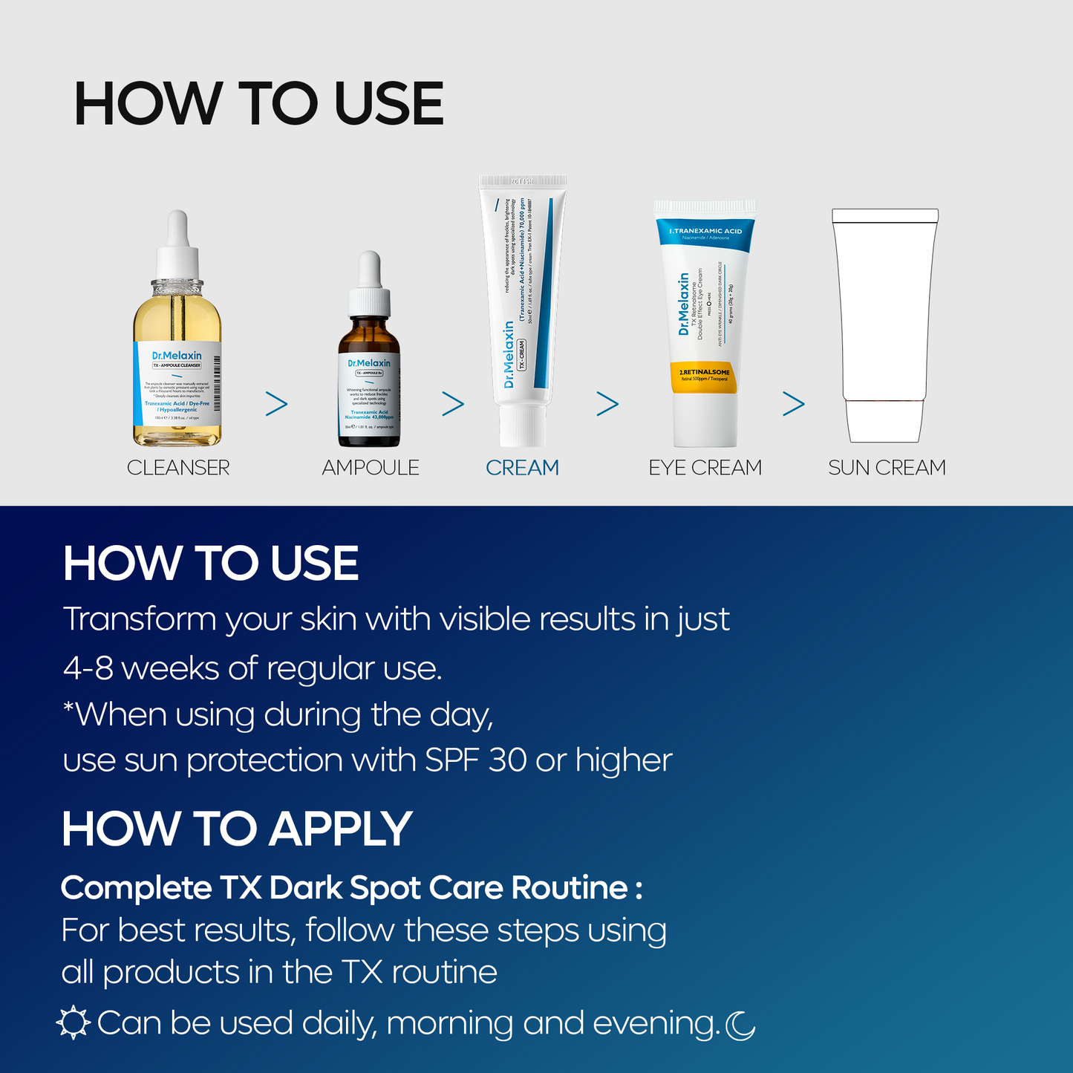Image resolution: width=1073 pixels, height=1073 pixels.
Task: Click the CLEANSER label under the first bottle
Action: pyautogui.click(x=178, y=468)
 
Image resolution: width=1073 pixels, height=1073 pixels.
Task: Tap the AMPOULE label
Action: pyautogui.click(x=371, y=468)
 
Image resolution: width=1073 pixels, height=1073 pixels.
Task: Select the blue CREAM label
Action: pyautogui.click(x=522, y=468)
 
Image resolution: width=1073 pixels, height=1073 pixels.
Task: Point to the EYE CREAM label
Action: pyautogui.click(x=705, y=468)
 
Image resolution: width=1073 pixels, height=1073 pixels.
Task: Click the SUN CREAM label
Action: pyautogui.click(x=887, y=468)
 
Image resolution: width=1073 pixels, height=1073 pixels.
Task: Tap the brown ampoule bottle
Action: pyautogui.click(x=369, y=386)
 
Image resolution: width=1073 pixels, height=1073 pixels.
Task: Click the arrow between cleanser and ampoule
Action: pyautogui.click(x=276, y=404)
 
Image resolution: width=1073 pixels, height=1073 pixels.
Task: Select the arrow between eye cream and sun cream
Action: pyautogui.click(x=793, y=404)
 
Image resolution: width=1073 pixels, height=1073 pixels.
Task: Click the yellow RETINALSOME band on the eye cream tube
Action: pyautogui.click(x=705, y=375)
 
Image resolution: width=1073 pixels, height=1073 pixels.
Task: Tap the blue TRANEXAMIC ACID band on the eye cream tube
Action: pyautogui.click(x=705, y=232)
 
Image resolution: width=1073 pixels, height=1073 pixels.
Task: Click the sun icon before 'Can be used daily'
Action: pyautogui.click(x=74, y=1023)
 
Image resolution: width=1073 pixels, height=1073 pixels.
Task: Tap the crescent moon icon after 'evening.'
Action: pyautogui.click(x=740, y=1025)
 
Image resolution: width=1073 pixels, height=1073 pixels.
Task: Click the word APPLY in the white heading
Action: pyautogui.click(x=341, y=829)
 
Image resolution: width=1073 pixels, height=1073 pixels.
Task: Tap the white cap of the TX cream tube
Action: pyautogui.click(x=522, y=426)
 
